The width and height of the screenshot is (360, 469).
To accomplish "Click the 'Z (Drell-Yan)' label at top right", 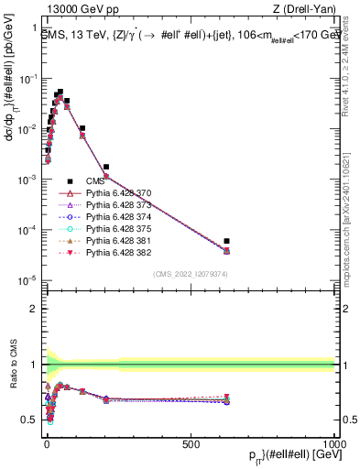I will pos(308,10).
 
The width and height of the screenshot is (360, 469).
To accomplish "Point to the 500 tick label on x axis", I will pos(191,443).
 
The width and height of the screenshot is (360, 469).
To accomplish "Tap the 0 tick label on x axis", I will pos(46,443).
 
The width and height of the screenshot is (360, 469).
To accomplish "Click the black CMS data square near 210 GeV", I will pos(106,167).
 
